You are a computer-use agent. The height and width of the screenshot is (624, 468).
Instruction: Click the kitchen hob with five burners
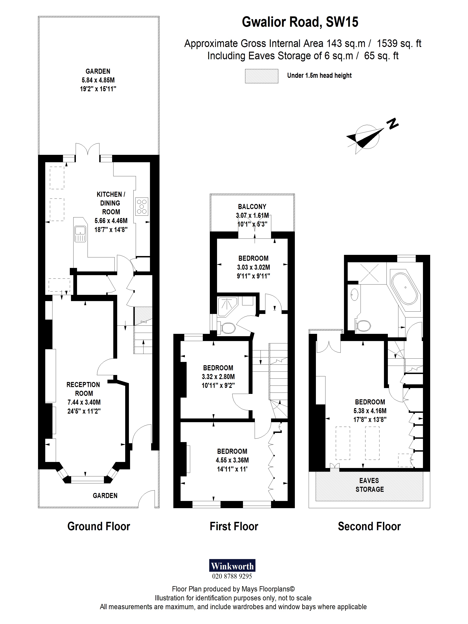142,207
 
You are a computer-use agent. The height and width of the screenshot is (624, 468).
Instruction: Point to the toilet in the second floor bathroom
363,325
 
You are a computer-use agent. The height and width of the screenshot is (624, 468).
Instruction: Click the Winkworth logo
232,565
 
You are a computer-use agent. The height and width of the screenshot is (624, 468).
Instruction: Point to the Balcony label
252,207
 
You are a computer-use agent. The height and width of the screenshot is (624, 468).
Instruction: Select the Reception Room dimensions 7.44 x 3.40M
84,402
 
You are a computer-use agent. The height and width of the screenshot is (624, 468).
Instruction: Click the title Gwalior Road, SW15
300,22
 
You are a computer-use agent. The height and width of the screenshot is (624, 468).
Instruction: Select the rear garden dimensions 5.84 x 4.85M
98,80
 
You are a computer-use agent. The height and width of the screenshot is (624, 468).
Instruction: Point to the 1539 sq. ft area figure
399,43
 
